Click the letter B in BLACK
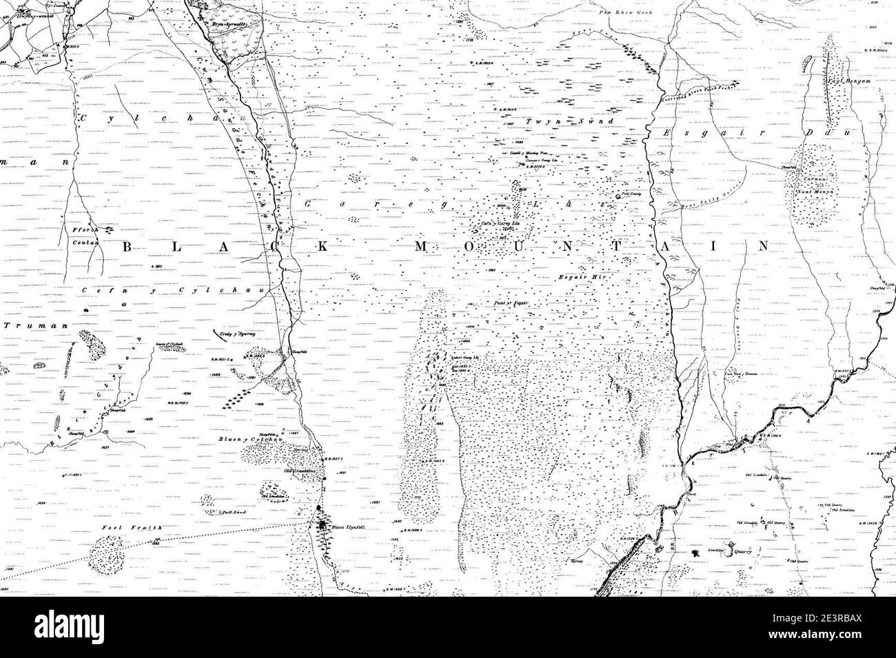point(129,245)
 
